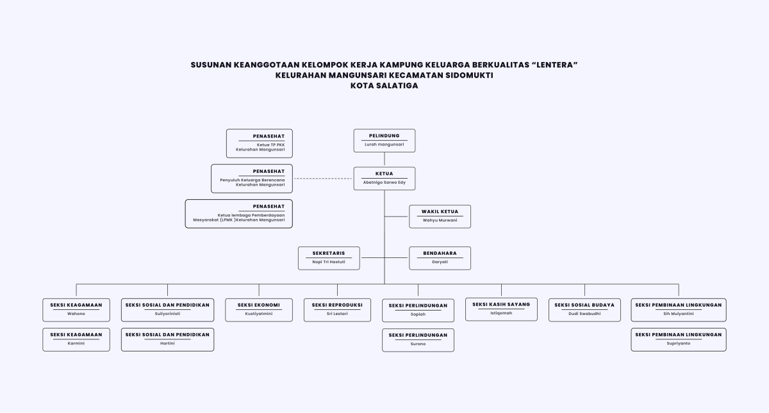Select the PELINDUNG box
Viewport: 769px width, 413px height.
[384, 140]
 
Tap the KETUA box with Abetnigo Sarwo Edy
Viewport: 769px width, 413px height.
[384, 178]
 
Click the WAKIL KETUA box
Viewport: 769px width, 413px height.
[440, 216]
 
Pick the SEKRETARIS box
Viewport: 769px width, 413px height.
[329, 257]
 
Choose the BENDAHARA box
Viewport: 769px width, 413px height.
[440, 257]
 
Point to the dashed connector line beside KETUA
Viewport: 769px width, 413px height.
[323, 179]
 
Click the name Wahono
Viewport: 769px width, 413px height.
[76, 314]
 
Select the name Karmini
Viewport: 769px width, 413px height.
[76, 343]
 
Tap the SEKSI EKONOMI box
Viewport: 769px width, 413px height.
[259, 309]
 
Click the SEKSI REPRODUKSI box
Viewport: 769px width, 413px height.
[337, 309]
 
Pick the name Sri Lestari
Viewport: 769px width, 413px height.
[337, 314]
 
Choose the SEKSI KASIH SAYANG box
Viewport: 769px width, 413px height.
[501, 309]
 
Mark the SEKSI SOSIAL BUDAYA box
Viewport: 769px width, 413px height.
[584, 309]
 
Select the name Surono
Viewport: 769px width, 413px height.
[418, 344]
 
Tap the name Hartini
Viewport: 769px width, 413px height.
[167, 343]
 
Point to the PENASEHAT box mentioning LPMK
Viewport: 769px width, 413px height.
[239, 213]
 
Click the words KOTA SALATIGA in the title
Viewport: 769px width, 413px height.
[384, 86]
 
